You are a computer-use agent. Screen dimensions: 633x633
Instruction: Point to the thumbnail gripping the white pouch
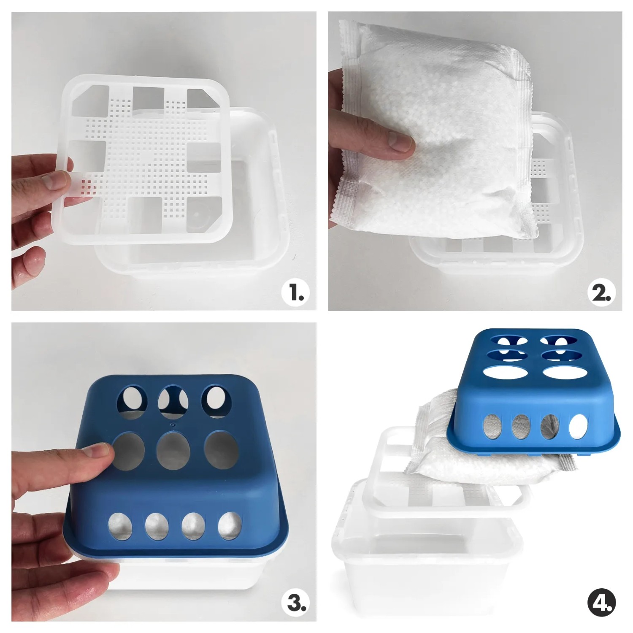[x=399, y=141]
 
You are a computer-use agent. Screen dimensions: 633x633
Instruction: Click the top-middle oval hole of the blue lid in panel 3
[x=171, y=402]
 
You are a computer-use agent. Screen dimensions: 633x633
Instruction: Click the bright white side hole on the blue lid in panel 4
[x=578, y=426]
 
